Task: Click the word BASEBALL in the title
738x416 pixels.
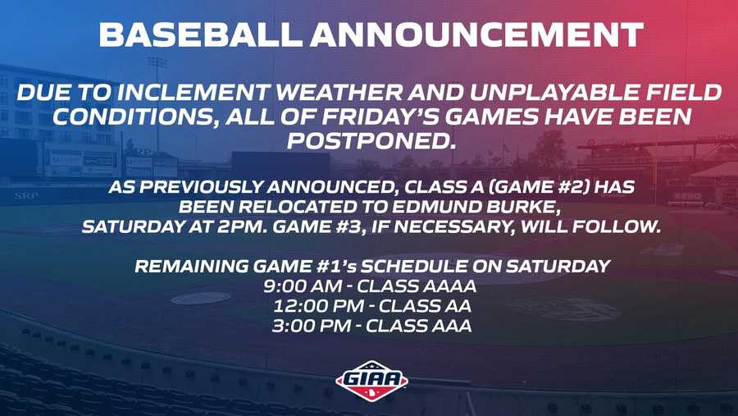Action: pos(199,34)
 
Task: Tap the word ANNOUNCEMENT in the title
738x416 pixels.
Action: pos(476,34)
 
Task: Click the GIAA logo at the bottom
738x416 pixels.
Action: pos(371,381)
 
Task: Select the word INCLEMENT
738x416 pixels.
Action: pos(193,93)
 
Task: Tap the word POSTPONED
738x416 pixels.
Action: pos(371,141)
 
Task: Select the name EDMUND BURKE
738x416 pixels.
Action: pos(476,207)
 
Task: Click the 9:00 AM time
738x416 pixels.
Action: pos(302,286)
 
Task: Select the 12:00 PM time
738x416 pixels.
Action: pos(318,306)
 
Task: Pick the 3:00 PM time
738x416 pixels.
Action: pos(311,326)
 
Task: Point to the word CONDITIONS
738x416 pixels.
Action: pos(134,117)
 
